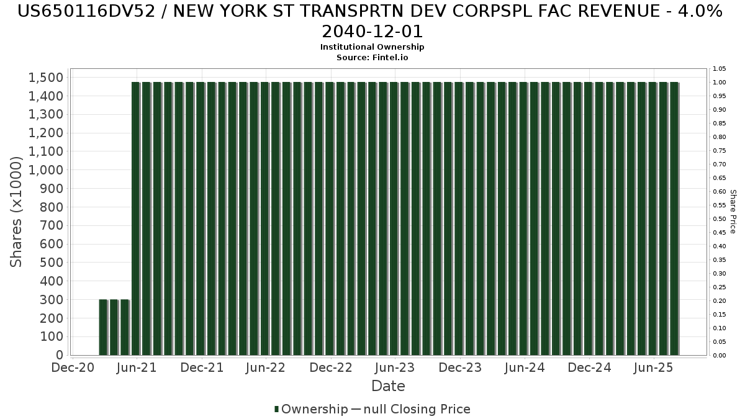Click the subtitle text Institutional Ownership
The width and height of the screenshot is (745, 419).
(372, 47)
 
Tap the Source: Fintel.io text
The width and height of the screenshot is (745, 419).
(372, 57)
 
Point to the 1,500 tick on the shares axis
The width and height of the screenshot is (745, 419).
(45, 78)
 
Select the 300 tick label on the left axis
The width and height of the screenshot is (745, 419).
(51, 300)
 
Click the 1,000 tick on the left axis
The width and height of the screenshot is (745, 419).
(45, 170)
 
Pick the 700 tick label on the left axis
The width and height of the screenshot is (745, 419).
(51, 226)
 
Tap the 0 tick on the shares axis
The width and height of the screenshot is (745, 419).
(59, 355)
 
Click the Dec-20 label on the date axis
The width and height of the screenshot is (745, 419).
(73, 367)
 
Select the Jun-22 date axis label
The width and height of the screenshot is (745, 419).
(265, 367)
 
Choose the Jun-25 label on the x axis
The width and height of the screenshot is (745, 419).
(653, 367)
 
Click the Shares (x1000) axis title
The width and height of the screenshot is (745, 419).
(17, 212)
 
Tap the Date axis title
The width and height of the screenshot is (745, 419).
(388, 386)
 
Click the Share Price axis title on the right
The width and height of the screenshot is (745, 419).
(733, 212)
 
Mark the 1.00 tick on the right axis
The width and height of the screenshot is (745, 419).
(719, 83)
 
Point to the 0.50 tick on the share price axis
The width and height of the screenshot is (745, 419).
(719, 219)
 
